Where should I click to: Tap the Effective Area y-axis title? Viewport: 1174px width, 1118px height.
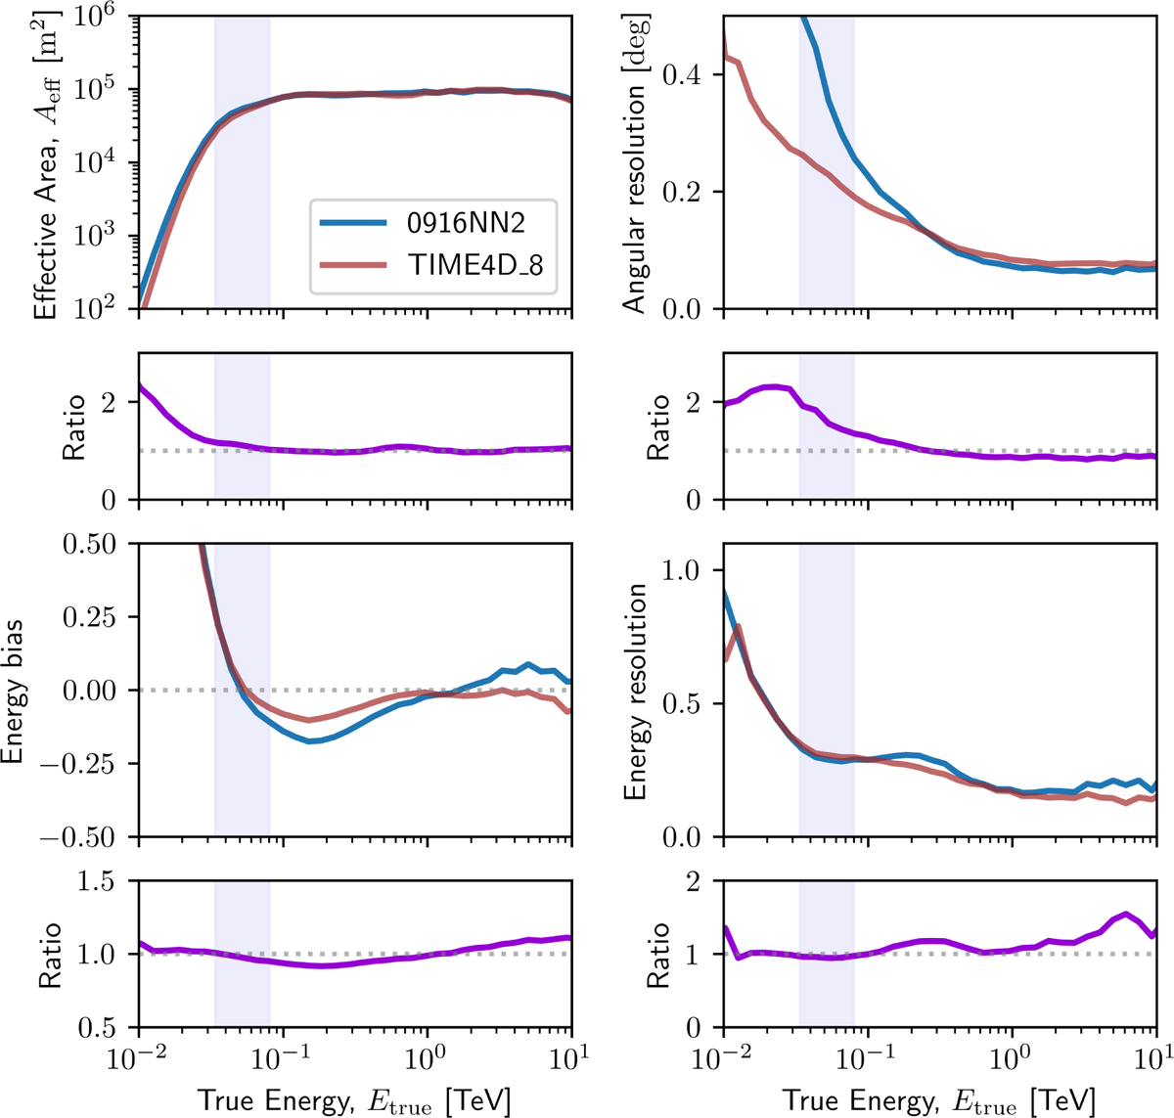45,162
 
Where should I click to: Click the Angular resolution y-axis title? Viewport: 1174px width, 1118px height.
636,162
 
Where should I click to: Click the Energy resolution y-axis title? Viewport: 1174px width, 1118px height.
636,691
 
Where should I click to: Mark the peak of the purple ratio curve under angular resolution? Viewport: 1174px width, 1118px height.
774,386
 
